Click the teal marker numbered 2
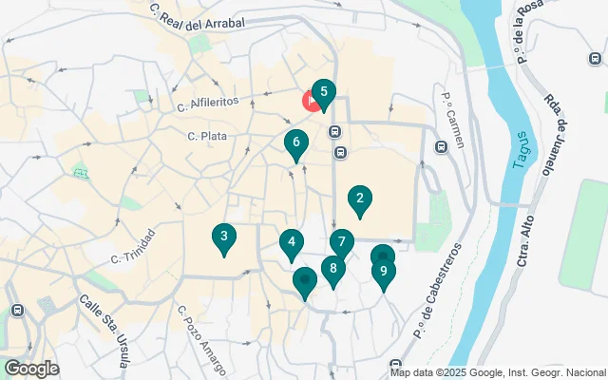click(359, 199)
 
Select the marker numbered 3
click(223, 237)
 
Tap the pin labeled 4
click(292, 243)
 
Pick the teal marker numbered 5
click(324, 93)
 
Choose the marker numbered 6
click(296, 143)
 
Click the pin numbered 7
click(341, 242)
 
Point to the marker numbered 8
click(332, 270)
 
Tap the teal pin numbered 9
click(383, 272)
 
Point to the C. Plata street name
click(207, 137)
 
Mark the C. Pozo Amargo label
click(201, 340)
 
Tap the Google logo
click(31, 369)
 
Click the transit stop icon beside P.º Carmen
click(441, 147)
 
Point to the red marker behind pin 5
click(310, 102)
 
